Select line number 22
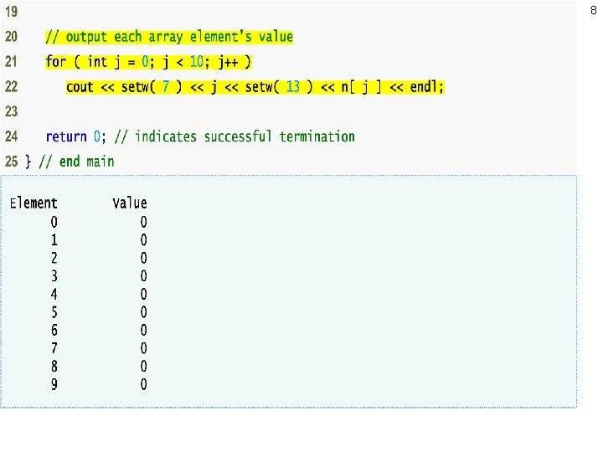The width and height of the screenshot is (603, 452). (11, 87)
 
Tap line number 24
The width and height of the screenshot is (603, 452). (11, 137)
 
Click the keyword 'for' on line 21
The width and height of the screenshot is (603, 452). (55, 62)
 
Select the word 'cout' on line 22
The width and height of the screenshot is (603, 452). (80, 87)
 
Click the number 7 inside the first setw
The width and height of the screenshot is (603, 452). (167, 87)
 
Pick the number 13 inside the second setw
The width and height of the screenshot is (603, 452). (292, 87)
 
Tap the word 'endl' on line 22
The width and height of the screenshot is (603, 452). (425, 87)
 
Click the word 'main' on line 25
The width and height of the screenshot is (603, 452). (100, 162)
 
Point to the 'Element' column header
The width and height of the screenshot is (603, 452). (33, 203)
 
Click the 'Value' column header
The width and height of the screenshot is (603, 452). (130, 203)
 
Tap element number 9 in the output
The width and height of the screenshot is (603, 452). (54, 385)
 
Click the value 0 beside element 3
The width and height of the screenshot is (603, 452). (143, 276)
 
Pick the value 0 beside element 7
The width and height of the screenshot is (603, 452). (143, 349)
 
